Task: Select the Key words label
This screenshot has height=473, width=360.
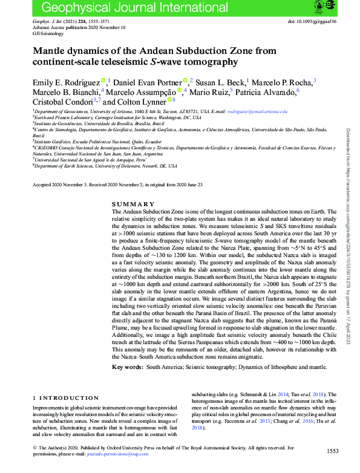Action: pos(126,367)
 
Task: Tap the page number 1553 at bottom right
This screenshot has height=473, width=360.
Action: pos(332,451)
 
